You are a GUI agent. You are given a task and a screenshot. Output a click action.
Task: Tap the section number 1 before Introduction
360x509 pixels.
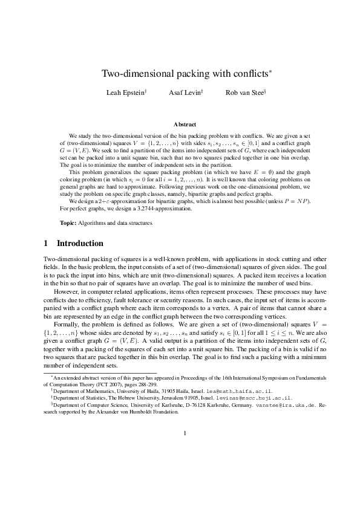click(46, 244)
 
